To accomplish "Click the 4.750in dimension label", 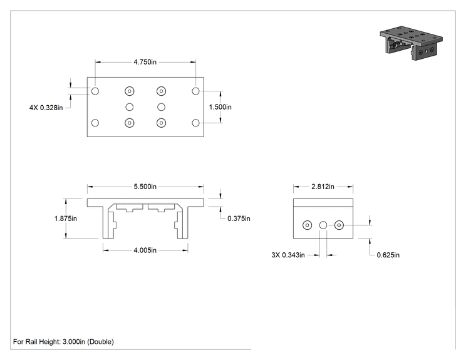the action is click(145, 62).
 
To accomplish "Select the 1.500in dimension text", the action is click(220, 107).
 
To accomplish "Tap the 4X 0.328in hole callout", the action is click(46, 108).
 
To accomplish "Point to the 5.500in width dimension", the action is click(145, 187).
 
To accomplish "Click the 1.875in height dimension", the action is click(66, 219).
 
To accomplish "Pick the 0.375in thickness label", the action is click(239, 219).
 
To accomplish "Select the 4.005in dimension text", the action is click(145, 250).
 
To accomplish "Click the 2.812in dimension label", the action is click(323, 187).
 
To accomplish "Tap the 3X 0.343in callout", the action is click(288, 255).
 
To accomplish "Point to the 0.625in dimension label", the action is click(388, 255).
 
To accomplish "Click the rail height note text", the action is click(63, 342).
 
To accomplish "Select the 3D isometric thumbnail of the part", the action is click(411, 43).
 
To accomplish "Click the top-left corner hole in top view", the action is click(95, 91).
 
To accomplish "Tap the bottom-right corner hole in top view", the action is click(195, 123).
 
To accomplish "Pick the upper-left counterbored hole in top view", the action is click(130, 91).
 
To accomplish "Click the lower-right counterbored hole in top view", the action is click(162, 123).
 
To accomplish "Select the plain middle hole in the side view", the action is click(323, 225).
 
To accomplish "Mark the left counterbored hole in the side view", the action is click(308, 225).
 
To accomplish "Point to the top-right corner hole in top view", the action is click(195, 91).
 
